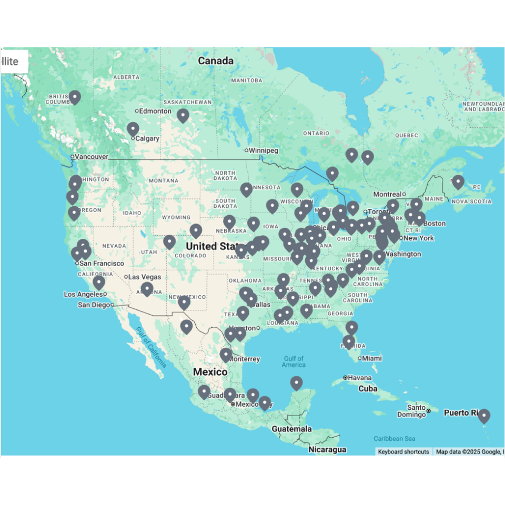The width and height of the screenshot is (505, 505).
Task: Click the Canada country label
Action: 215,61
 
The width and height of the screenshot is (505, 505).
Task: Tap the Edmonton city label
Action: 155,111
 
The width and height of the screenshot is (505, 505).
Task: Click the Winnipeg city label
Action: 263,150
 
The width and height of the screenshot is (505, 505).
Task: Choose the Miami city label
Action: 372,358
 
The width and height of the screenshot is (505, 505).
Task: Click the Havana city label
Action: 359,378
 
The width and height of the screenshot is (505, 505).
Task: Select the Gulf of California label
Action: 151,347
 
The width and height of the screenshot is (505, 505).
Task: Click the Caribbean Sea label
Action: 394,438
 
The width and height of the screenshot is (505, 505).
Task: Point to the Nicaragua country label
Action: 327,449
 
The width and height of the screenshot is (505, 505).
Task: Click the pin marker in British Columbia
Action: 75,97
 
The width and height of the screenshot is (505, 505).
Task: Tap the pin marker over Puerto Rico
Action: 483,416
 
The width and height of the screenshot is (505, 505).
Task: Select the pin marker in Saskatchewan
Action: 183,115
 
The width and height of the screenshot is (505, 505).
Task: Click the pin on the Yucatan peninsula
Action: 297,382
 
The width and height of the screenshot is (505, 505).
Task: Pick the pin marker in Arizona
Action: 147,288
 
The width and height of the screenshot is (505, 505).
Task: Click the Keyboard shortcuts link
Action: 403,451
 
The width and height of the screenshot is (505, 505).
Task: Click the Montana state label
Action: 164,180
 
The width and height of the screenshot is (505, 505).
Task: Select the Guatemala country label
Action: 291,429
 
